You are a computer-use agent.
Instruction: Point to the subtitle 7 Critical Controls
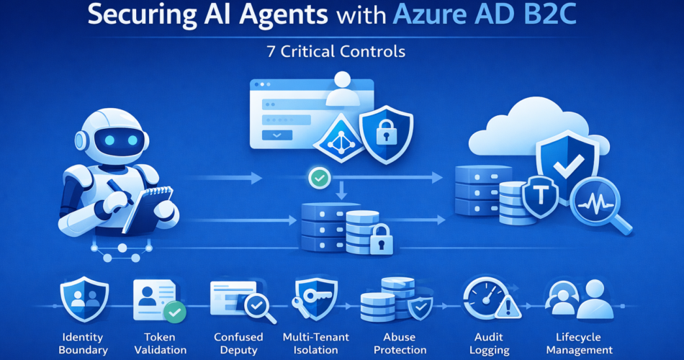[342, 53]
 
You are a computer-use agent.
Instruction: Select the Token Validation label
[160, 343]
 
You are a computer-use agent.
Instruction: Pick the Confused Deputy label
[238, 343]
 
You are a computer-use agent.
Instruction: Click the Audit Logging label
[489, 343]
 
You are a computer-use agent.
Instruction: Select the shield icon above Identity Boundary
[85, 299]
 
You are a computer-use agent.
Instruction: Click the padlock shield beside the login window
[386, 133]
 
